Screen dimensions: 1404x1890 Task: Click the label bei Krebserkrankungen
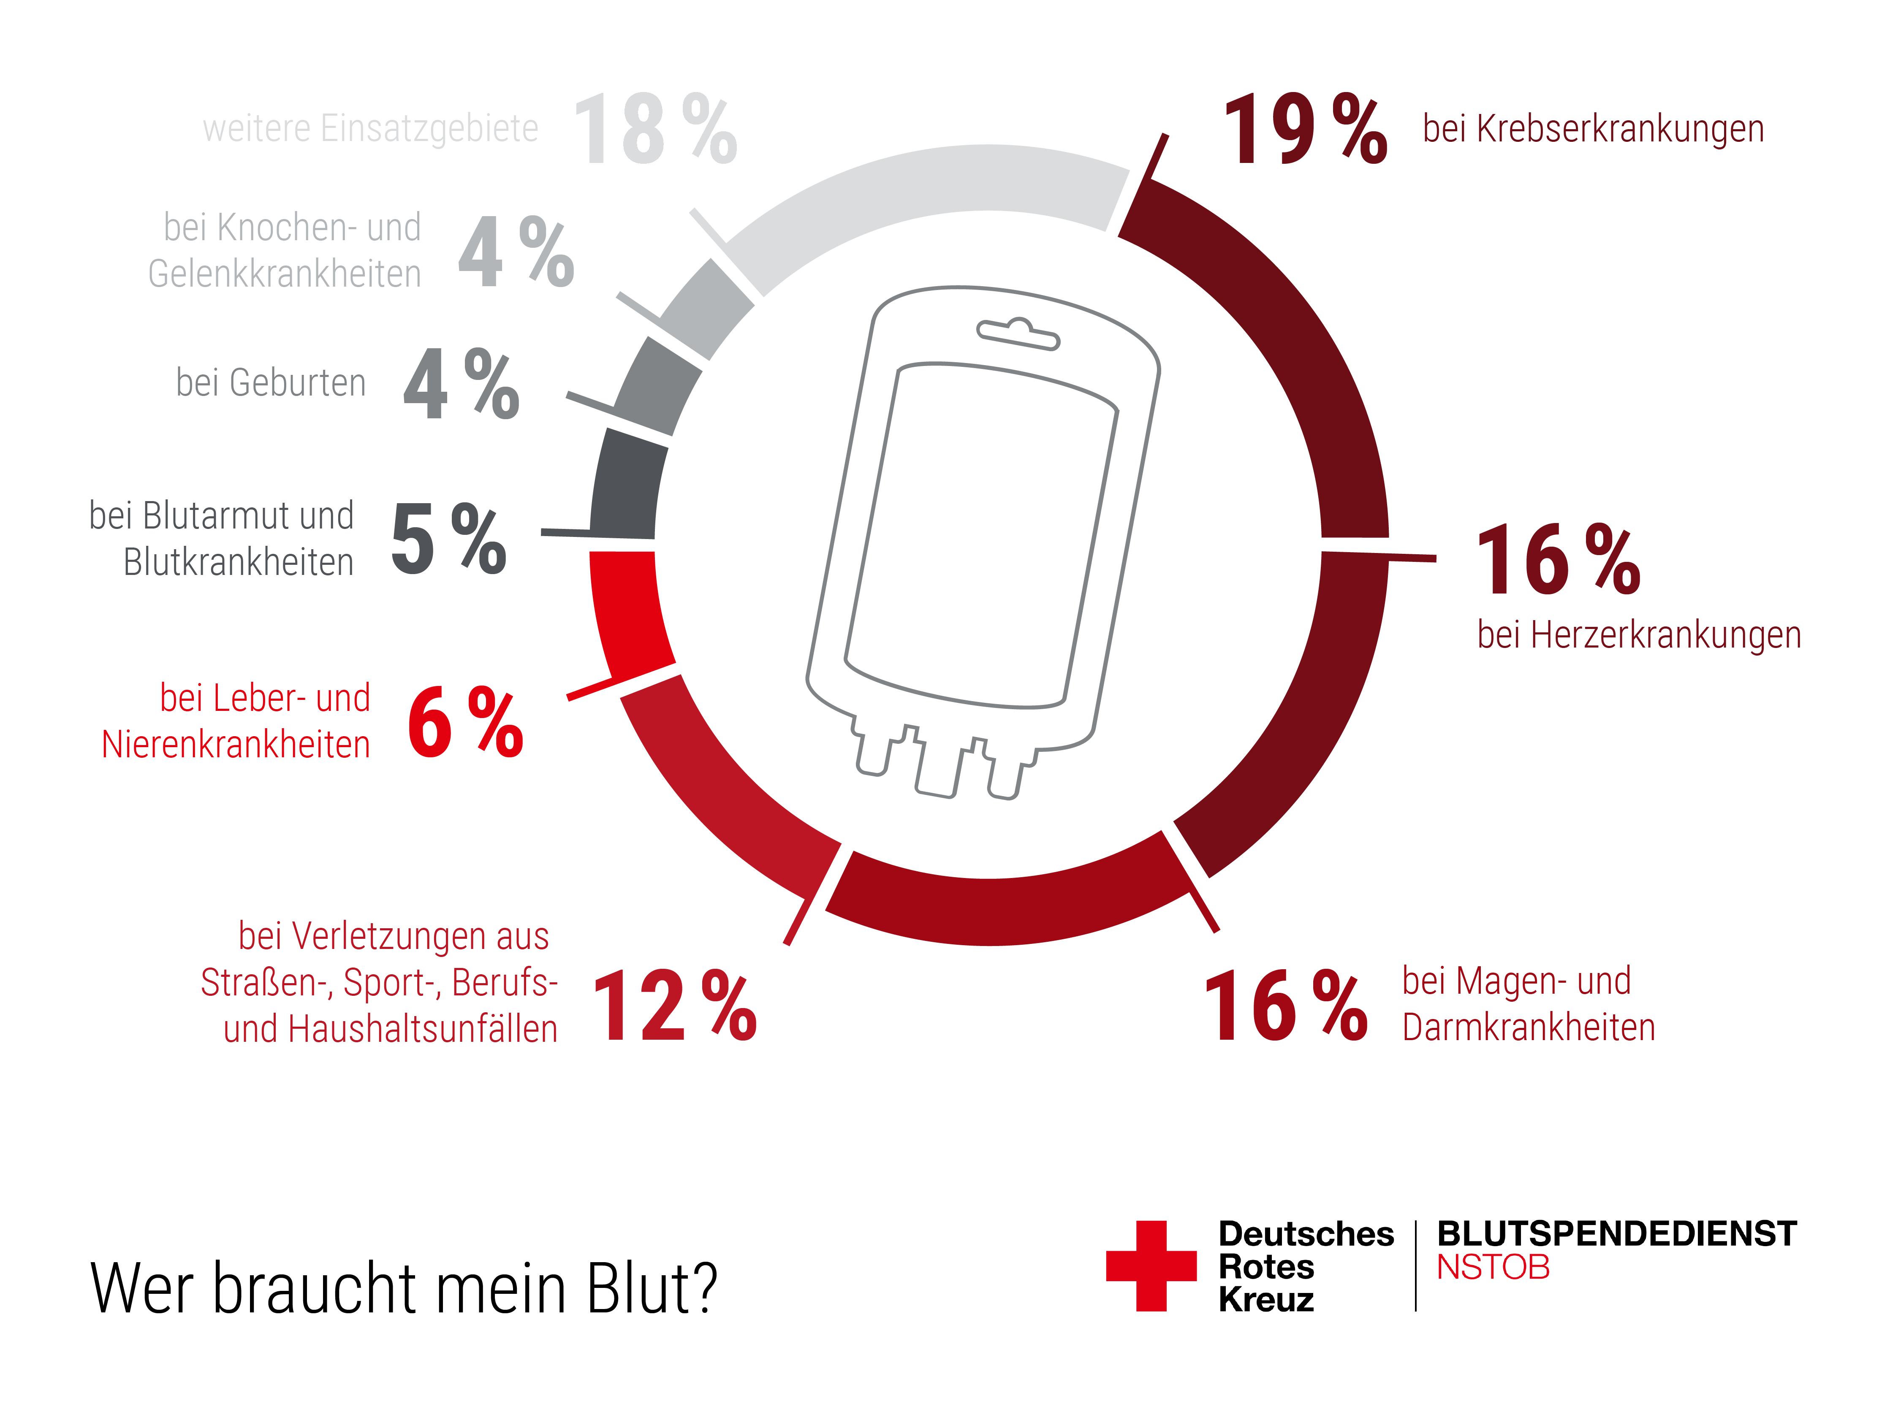click(x=1592, y=129)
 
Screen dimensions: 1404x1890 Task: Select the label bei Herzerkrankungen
click(x=1638, y=635)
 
